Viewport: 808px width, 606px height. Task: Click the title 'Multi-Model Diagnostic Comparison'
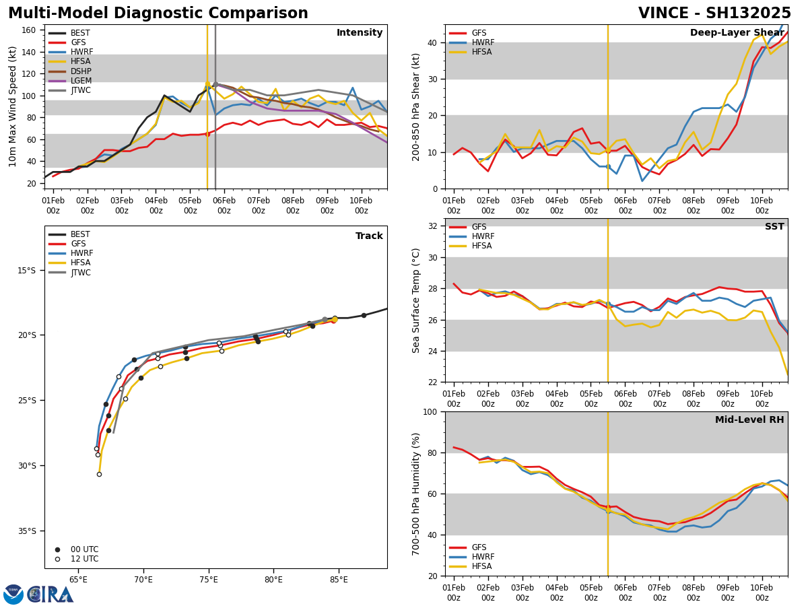(x=158, y=13)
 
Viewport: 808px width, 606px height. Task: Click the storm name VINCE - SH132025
(x=714, y=13)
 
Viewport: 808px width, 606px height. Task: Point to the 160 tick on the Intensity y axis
(x=28, y=30)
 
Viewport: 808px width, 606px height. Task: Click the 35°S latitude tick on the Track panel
(x=26, y=531)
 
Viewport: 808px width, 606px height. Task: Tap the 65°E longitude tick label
(x=78, y=580)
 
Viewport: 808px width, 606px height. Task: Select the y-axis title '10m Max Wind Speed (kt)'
(x=12, y=106)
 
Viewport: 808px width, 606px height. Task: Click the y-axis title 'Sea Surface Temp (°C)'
(x=416, y=300)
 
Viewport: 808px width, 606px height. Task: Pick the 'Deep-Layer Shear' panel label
(x=737, y=33)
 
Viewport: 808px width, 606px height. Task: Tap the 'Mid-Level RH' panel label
(x=749, y=420)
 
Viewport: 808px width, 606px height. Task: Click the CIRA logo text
(x=51, y=595)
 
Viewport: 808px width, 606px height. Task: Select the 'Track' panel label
(x=369, y=236)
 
